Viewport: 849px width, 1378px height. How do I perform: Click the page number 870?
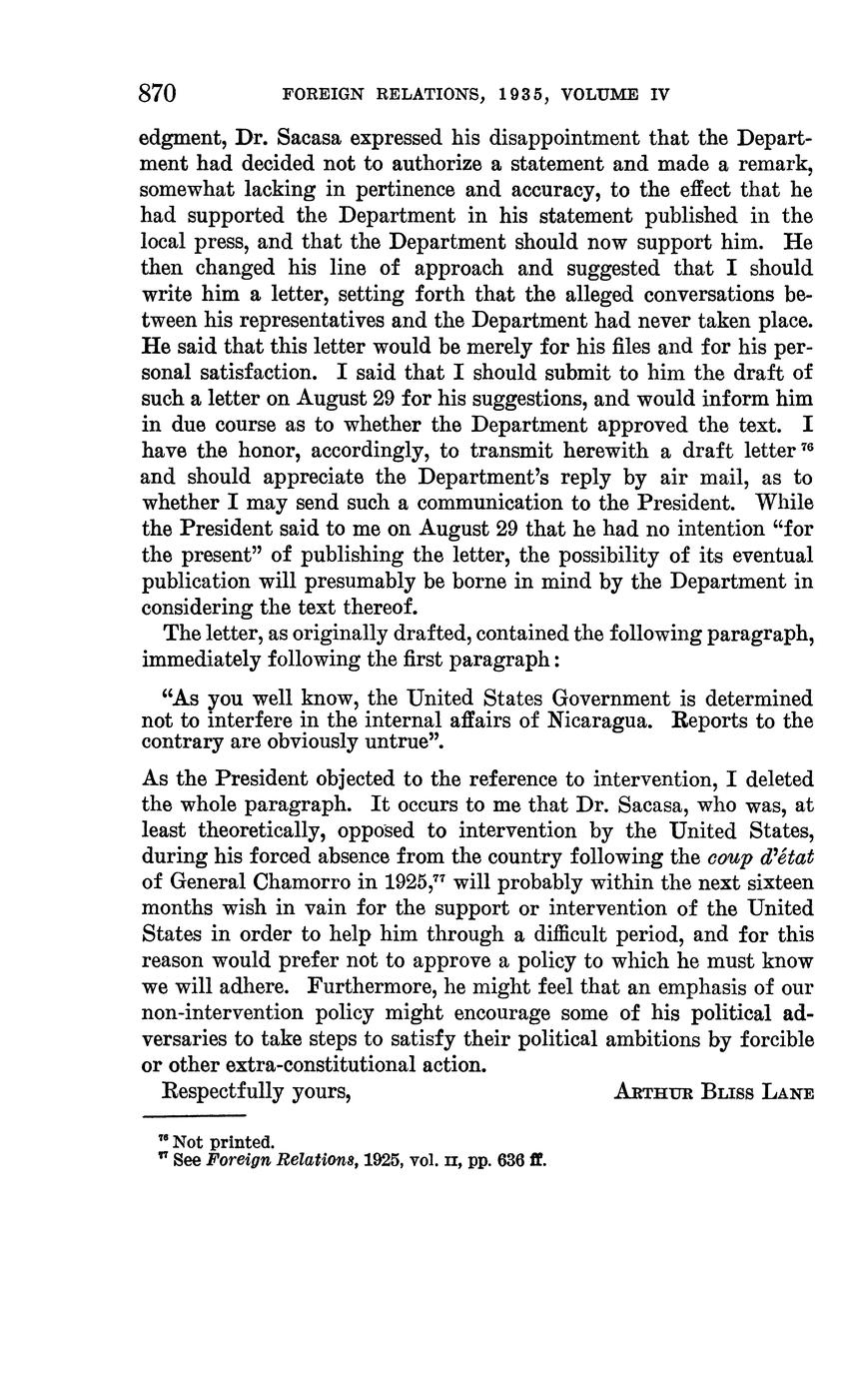pyautogui.click(x=158, y=94)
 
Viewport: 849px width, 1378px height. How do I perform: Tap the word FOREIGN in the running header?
pyautogui.click(x=319, y=95)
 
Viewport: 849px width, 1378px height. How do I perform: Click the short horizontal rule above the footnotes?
pyautogui.click(x=194, y=1115)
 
